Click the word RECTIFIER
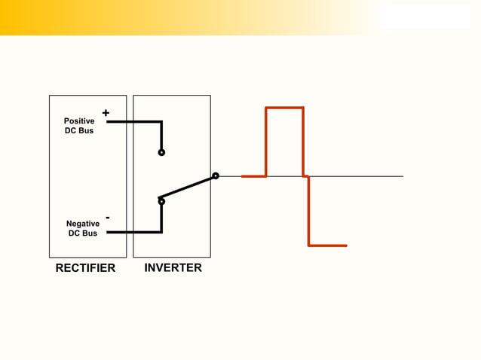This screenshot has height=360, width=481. pyautogui.click(x=85, y=268)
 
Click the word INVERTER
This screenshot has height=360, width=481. pyautogui.click(x=173, y=267)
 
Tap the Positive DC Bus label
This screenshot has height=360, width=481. pyautogui.click(x=79, y=126)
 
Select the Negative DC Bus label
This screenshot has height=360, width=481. pyautogui.click(x=82, y=228)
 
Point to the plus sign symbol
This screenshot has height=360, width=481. pyautogui.click(x=106, y=113)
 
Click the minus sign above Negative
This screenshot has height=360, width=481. pyautogui.click(x=108, y=218)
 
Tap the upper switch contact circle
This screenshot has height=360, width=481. pyautogui.click(x=161, y=152)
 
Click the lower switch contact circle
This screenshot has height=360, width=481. pyautogui.click(x=161, y=201)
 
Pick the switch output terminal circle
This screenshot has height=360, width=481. pyautogui.click(x=215, y=176)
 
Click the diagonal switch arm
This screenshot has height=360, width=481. pyautogui.click(x=188, y=188)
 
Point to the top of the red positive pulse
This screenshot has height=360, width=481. pyautogui.click(x=284, y=108)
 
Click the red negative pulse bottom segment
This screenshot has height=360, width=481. pyautogui.click(x=327, y=246)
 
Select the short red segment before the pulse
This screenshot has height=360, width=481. pyautogui.click(x=253, y=176)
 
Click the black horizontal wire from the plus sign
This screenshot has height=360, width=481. pyautogui.click(x=133, y=121)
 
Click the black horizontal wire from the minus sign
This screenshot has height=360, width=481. pyautogui.click(x=133, y=233)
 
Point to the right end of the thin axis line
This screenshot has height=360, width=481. pyautogui.click(x=402, y=176)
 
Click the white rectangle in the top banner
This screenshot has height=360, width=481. pyautogui.click(x=424, y=17)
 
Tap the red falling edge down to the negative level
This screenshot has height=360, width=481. pyautogui.click(x=308, y=211)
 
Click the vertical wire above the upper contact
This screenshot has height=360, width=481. pyautogui.click(x=161, y=136)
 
